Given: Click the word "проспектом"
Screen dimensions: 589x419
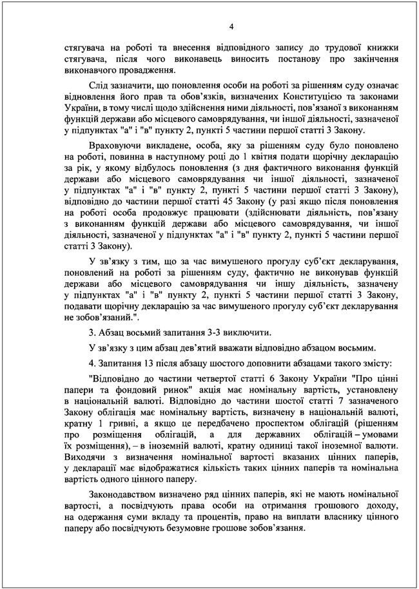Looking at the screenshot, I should point(282,427).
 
